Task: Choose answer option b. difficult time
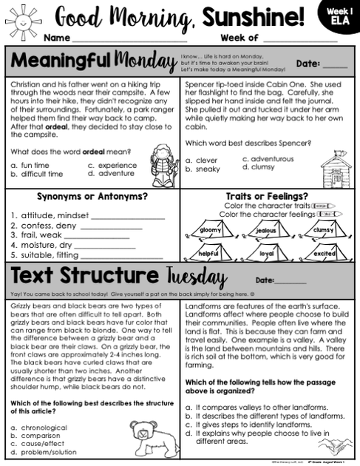[37, 175]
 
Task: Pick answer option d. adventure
[112, 175]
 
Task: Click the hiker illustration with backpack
[158, 163]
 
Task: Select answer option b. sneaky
[203, 169]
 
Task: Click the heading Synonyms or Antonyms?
[92, 197]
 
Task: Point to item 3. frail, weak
[37, 235]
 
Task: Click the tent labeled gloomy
[211, 231]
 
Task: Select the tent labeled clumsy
[324, 231]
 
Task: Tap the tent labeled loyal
[267, 253]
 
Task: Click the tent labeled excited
[324, 253]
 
